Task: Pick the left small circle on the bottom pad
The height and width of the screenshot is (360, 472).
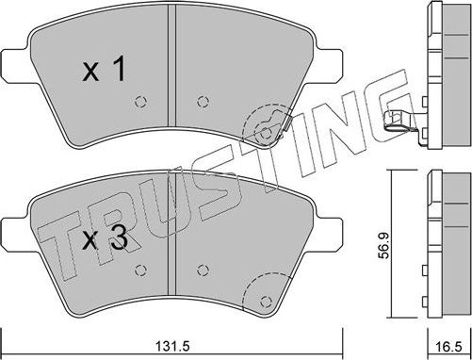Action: tap(139, 270)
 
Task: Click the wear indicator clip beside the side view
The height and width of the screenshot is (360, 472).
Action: tap(399, 120)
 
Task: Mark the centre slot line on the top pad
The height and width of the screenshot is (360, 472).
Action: tap(171, 28)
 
